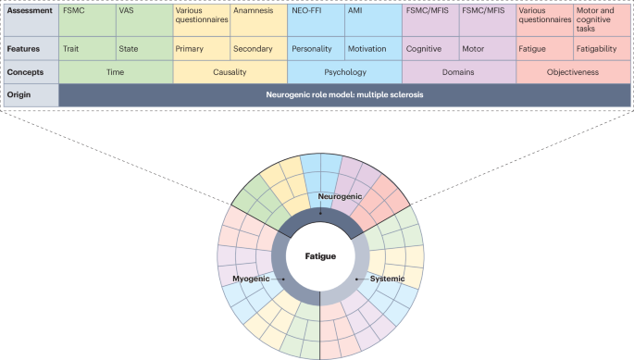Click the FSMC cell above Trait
point(87,20)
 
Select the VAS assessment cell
point(144,20)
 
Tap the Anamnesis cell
point(259,20)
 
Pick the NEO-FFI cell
point(317,20)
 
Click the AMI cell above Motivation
point(374,20)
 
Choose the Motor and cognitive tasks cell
point(602,20)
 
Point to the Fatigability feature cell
point(602,48)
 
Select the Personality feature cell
point(317,48)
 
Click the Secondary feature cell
point(259,48)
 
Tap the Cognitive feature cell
point(430,48)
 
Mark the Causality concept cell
point(230,72)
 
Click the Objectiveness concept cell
point(573,72)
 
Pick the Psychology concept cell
point(345,72)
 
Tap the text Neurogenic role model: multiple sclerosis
point(344,94)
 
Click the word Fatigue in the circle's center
point(320,256)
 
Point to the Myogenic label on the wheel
point(251,279)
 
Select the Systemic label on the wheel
point(388,279)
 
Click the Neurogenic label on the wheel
point(340,196)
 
